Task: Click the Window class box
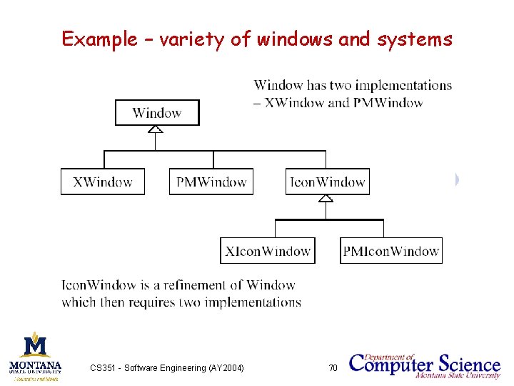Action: tap(157, 113)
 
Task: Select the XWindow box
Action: tap(103, 182)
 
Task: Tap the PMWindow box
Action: tap(211, 182)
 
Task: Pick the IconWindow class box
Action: tap(328, 182)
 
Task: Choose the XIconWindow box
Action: tap(268, 251)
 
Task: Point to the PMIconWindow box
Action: tap(390, 251)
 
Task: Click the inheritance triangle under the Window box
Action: tap(156, 129)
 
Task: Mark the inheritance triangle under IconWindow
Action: tap(326, 198)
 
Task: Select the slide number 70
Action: tap(332, 368)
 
